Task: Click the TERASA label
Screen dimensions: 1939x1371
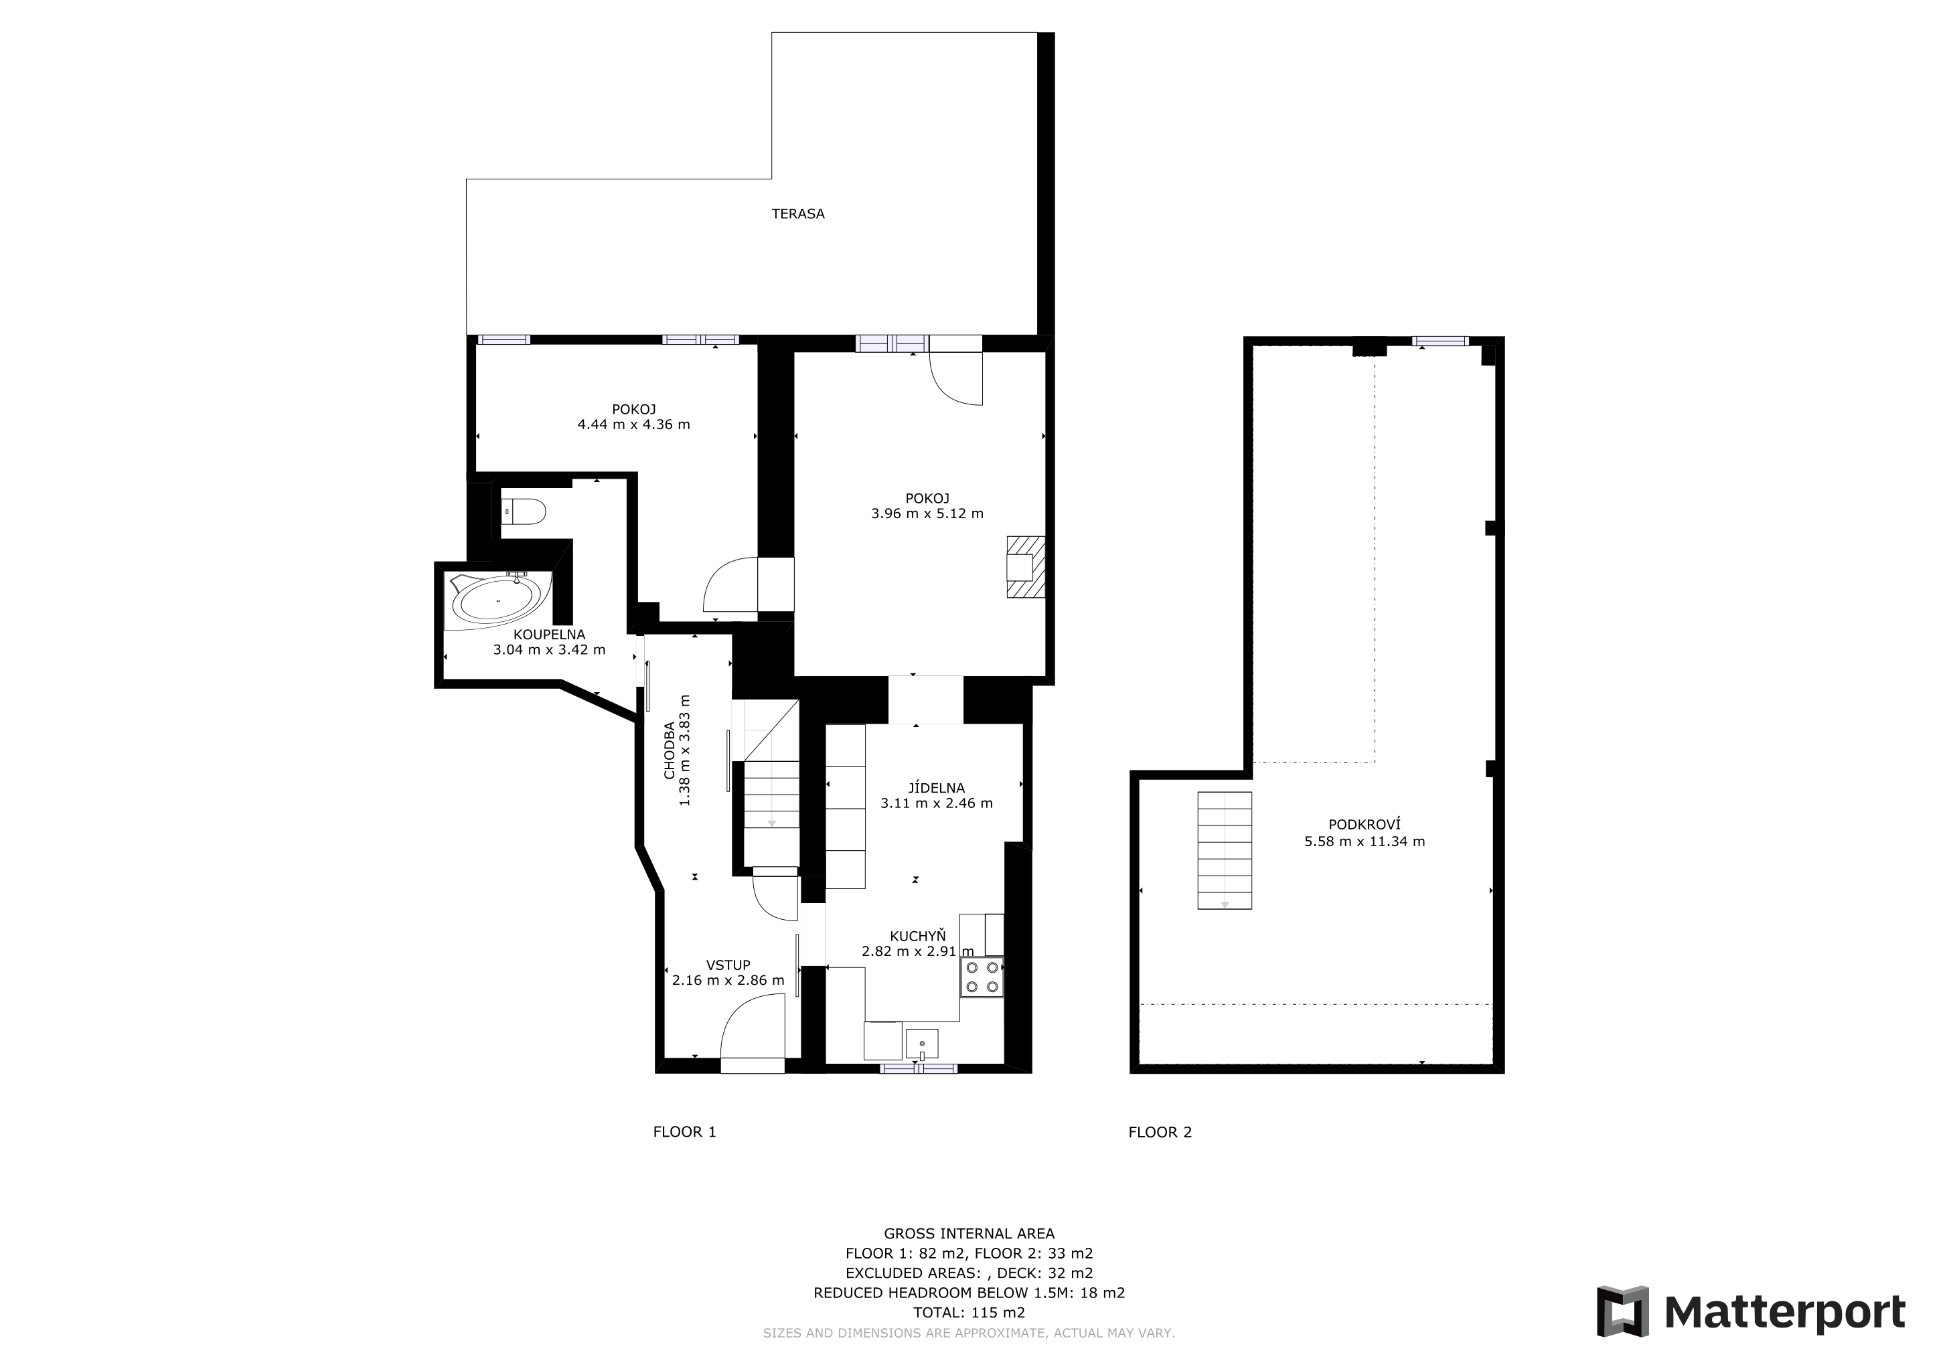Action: pyautogui.click(x=797, y=214)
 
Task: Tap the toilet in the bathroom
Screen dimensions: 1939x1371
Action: pyautogui.click(x=524, y=511)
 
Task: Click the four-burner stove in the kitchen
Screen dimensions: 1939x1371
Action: pyautogui.click(x=982, y=977)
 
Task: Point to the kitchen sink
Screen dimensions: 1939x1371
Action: pyautogui.click(x=921, y=1044)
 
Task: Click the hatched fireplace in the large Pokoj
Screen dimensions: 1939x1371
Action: pyautogui.click(x=1025, y=567)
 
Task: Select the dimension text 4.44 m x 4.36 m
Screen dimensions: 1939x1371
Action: pyautogui.click(x=633, y=424)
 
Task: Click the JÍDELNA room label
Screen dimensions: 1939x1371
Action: pyautogui.click(x=936, y=789)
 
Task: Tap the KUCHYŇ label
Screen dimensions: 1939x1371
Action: pyautogui.click(x=918, y=937)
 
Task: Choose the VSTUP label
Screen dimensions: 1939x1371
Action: pyautogui.click(x=728, y=965)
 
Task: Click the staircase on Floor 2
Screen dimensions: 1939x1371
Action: pyautogui.click(x=1225, y=850)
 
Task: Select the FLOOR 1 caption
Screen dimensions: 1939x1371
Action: pyautogui.click(x=684, y=1132)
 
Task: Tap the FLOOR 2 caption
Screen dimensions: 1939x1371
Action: pyautogui.click(x=1160, y=1132)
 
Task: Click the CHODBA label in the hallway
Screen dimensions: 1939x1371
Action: pyautogui.click(x=669, y=750)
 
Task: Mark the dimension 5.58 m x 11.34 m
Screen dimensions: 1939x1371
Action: pyautogui.click(x=1364, y=841)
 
